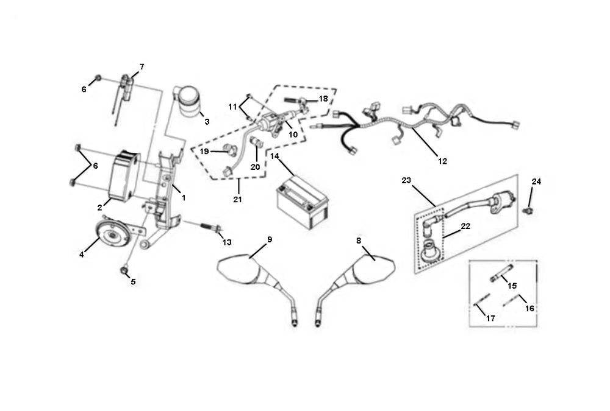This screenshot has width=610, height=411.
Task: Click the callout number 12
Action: pos(442,161)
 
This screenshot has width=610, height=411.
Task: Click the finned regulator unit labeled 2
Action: pos(122,176)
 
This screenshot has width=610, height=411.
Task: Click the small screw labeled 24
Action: pos(529,210)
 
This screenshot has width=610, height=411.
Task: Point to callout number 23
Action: pos(407,180)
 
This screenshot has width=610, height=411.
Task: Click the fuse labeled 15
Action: pos(498,278)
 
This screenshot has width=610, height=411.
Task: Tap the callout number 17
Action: pos(490,318)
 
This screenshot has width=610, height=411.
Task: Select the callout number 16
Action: pos(529,309)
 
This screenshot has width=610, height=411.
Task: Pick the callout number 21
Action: pos(237,200)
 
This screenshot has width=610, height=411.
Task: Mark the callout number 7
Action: pos(142,66)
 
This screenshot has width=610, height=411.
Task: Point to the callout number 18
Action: pos(323,98)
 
